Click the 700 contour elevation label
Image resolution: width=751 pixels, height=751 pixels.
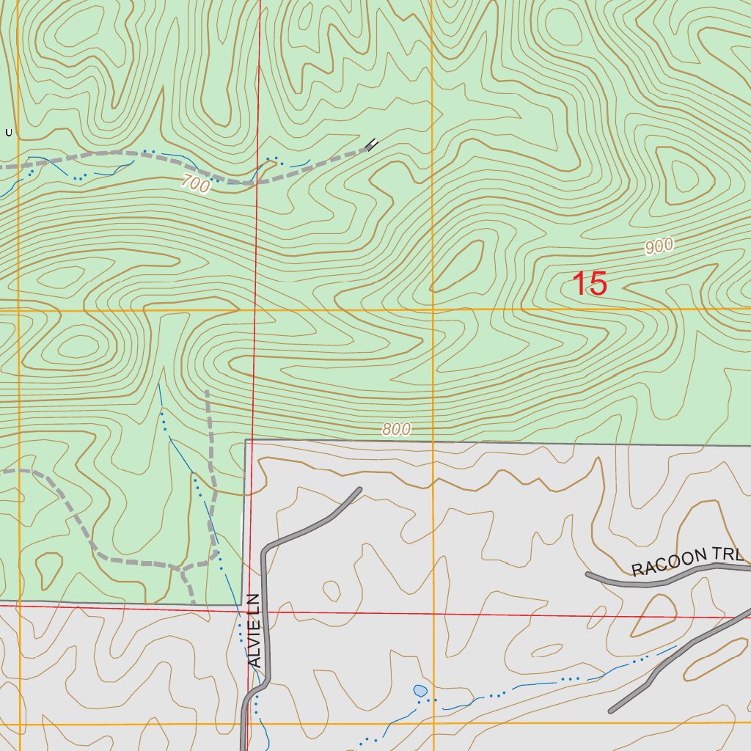(194, 186)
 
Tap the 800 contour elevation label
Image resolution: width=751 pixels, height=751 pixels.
(396, 430)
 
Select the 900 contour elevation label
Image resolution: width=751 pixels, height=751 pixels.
(659, 247)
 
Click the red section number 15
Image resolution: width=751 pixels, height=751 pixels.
(590, 284)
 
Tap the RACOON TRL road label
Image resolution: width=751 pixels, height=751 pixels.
(687, 560)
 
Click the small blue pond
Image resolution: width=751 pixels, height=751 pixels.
(420, 691)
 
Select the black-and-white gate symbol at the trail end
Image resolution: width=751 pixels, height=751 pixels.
(373, 144)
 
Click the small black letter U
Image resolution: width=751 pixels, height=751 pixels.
(9, 133)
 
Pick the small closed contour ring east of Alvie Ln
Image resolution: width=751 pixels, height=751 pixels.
(331, 590)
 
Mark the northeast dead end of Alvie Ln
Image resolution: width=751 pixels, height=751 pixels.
(359, 489)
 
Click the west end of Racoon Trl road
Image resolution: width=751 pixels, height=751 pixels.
(587, 574)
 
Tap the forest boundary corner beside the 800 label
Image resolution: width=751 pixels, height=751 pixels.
(245, 441)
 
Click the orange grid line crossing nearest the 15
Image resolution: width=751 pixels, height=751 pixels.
(433, 309)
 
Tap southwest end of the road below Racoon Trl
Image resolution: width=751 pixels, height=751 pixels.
(612, 711)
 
